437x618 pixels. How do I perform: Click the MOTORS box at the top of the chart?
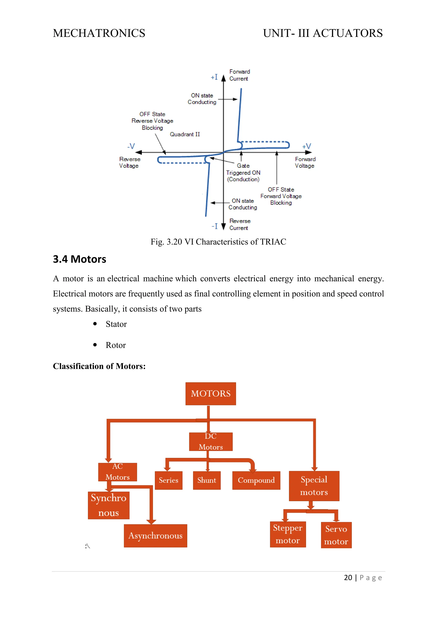click(210, 394)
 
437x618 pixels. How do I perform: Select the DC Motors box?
click(210, 442)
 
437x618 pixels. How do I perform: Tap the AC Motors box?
click(118, 472)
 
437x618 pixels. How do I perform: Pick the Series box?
click(168, 480)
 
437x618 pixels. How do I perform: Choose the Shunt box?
click(207, 480)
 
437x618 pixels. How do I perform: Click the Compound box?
click(256, 480)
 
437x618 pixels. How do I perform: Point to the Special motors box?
click(314, 486)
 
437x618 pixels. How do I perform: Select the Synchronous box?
click(108, 505)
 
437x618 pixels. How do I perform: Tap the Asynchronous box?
click(155, 536)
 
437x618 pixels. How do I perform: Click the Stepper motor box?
click(288, 534)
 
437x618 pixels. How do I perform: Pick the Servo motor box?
click(336, 535)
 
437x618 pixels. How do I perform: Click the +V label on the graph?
click(306, 146)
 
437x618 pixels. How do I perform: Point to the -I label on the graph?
click(214, 226)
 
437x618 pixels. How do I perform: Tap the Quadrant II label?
click(185, 134)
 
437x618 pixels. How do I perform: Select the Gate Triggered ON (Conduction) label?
click(243, 173)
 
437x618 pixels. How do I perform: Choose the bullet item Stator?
click(116, 324)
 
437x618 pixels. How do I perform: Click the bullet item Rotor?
click(116, 345)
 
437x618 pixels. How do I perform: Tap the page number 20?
click(348, 578)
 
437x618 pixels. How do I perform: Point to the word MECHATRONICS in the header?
click(99, 33)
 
